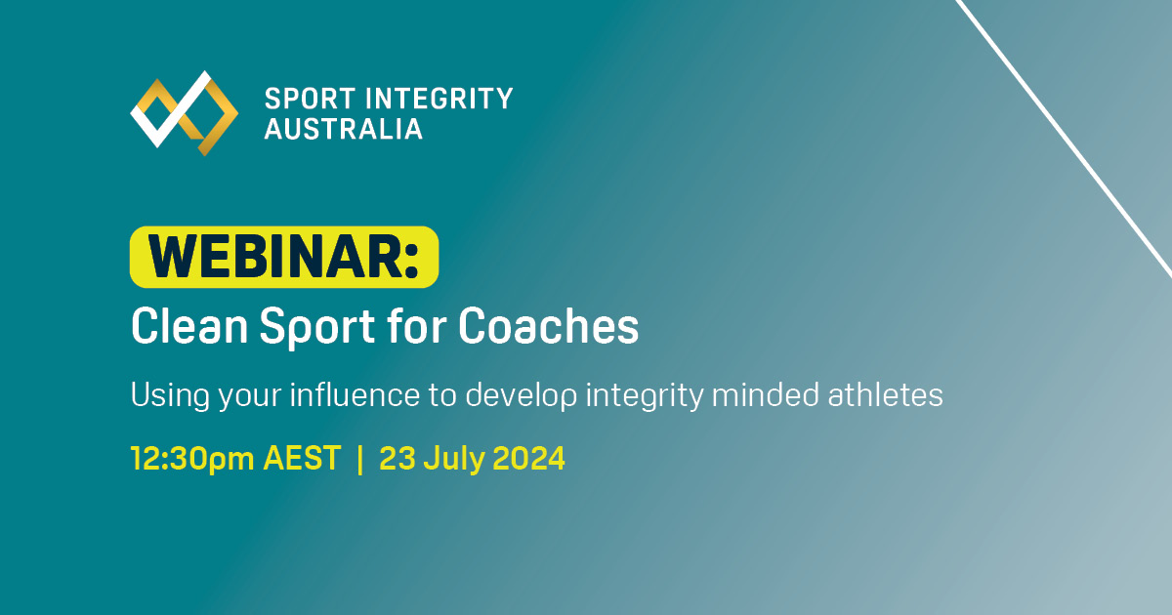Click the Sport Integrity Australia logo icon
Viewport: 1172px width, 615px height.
[x=185, y=112]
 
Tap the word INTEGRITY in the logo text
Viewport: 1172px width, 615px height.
[x=439, y=99]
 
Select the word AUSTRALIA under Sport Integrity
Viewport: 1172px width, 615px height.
[x=344, y=129]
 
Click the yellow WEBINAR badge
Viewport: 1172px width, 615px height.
[x=284, y=257]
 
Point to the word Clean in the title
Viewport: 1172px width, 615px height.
[x=187, y=328]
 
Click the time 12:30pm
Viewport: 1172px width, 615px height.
[x=191, y=458]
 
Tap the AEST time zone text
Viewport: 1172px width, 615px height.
[x=302, y=458]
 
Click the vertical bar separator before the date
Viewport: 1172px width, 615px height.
[x=359, y=458]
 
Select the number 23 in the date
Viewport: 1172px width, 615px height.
[x=397, y=458]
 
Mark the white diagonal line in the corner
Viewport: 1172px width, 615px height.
[x=1065, y=137]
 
